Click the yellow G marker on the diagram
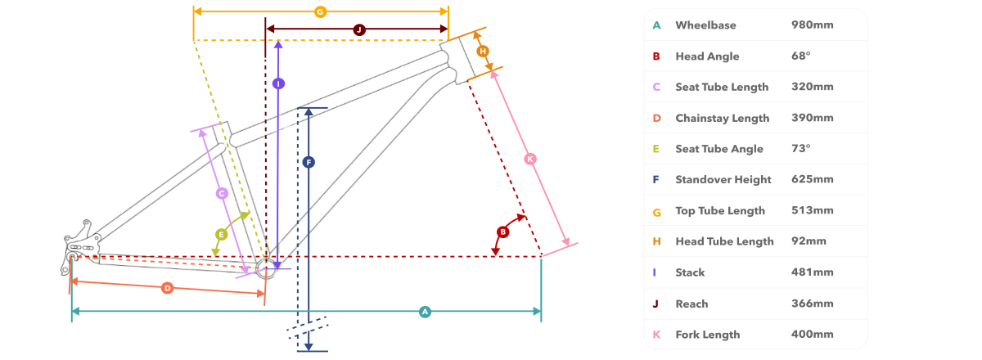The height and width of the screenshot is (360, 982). click(321, 11)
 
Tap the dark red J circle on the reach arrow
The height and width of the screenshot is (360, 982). click(359, 29)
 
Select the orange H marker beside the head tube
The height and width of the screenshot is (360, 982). click(483, 52)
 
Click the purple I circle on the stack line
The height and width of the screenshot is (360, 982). click(278, 83)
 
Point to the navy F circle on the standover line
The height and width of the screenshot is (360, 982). click(309, 163)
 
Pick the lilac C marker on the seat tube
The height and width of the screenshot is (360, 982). click(222, 193)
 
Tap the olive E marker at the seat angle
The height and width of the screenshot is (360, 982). click(222, 235)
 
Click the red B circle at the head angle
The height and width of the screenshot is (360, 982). click(502, 232)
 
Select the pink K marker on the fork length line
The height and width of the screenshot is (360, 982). click(530, 159)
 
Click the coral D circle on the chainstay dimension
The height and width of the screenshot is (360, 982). click(167, 288)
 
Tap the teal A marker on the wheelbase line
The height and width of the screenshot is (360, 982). click(425, 312)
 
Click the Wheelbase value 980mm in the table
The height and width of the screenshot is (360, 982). click(812, 25)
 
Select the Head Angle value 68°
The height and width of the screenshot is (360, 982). click(800, 56)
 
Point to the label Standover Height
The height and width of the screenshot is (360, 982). click(723, 180)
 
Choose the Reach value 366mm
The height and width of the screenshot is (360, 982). click(812, 304)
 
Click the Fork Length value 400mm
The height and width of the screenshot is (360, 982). click(812, 334)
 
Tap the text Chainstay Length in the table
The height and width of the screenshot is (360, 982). click(722, 119)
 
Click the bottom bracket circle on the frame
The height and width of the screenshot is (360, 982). click(266, 268)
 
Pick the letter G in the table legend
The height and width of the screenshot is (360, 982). click(656, 213)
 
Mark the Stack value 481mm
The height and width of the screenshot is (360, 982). click(812, 272)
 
